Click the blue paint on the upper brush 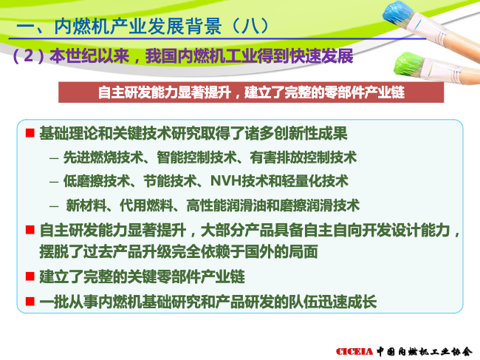pyautogui.click(x=397, y=15)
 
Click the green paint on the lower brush pyautogui.click(x=408, y=65)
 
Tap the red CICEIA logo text pyautogui.click(x=354, y=351)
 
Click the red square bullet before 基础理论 pyautogui.click(x=30, y=133)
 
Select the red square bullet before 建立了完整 pyautogui.click(x=30, y=276)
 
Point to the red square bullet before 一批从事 pyautogui.click(x=30, y=302)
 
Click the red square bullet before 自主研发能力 pyautogui.click(x=30, y=230)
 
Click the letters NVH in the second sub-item pyautogui.click(x=226, y=181)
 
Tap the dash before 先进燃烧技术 pyautogui.click(x=54, y=158)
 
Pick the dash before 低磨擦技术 pyautogui.click(x=54, y=182)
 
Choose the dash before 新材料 pyautogui.click(x=54, y=206)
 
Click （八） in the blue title pyautogui.click(x=250, y=26)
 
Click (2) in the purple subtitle pyautogui.click(x=28, y=55)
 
